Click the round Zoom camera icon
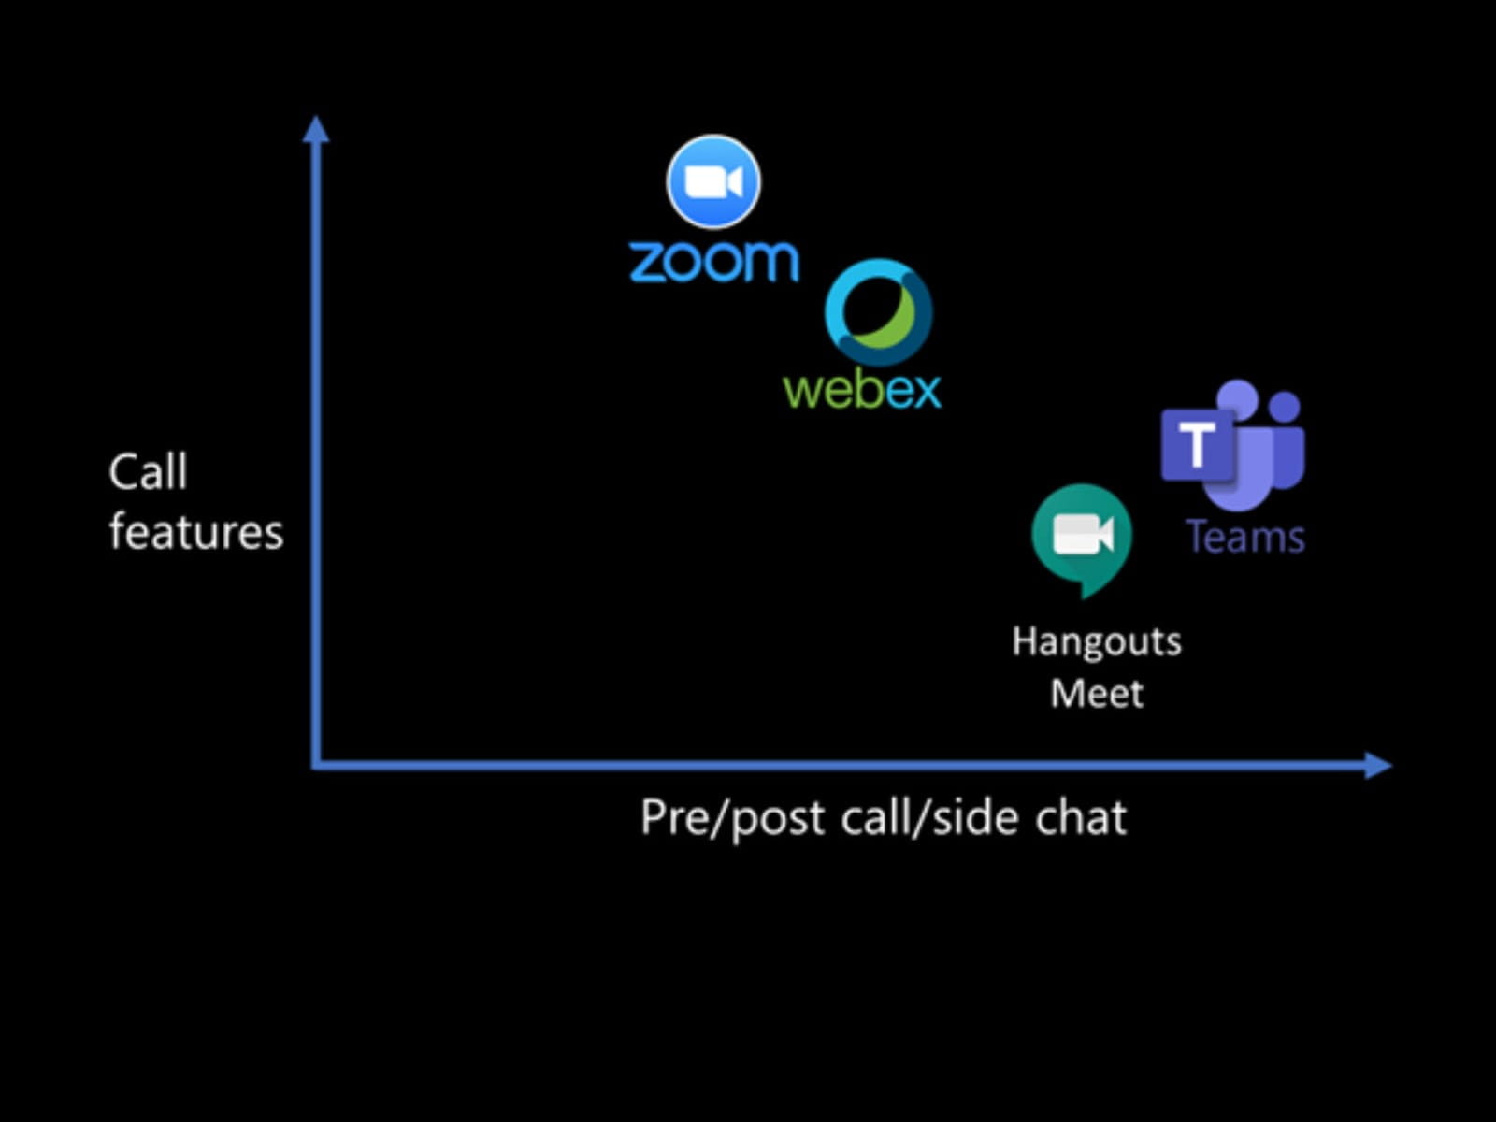(x=713, y=182)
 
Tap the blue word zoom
(x=714, y=261)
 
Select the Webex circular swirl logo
(x=878, y=312)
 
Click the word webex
(x=862, y=389)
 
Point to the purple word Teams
(x=1245, y=538)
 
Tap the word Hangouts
(x=1097, y=641)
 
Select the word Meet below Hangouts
(x=1097, y=694)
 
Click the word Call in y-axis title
(x=148, y=471)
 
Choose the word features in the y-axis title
(x=196, y=532)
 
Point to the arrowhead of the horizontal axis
(x=1378, y=765)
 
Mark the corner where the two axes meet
(x=317, y=765)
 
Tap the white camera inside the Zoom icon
(x=713, y=182)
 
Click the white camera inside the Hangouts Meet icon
(x=1082, y=535)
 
